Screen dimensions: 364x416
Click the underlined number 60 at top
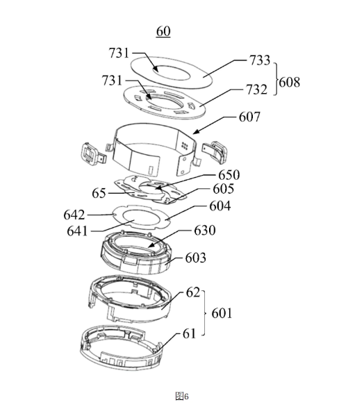click(x=163, y=31)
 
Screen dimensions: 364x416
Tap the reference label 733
click(x=260, y=60)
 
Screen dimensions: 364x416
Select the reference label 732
click(x=256, y=90)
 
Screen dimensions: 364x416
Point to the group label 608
click(x=290, y=82)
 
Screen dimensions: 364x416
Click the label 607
click(x=249, y=117)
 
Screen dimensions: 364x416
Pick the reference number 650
click(x=229, y=175)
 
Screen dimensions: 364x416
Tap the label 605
click(x=224, y=189)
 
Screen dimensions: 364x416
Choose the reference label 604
click(x=220, y=206)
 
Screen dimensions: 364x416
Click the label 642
click(x=74, y=215)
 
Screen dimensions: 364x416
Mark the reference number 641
click(x=77, y=231)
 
